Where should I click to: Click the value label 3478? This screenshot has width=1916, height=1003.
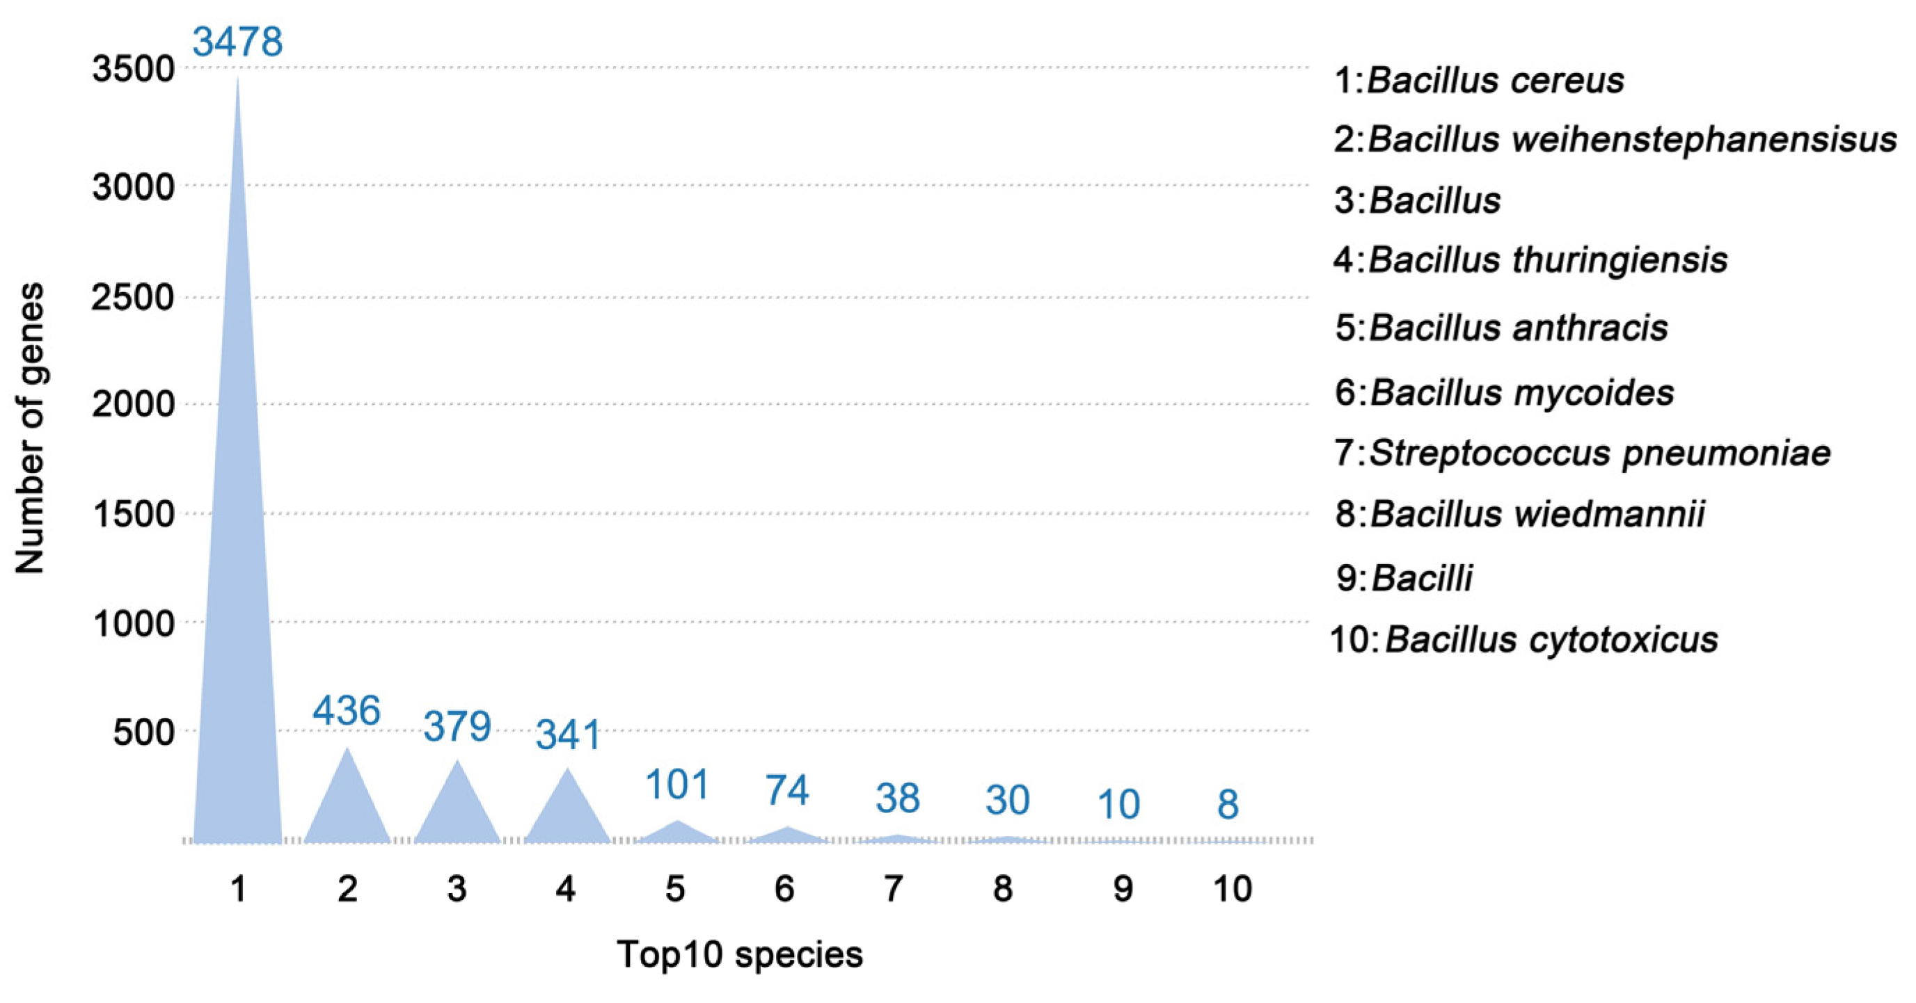237,41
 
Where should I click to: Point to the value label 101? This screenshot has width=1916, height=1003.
677,785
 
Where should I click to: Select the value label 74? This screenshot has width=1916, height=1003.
787,789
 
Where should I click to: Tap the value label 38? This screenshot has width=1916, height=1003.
898,798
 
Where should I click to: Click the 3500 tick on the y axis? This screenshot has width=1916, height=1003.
133,69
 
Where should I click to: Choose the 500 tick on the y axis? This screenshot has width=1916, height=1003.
143,732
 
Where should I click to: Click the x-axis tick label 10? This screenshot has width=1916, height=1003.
1232,888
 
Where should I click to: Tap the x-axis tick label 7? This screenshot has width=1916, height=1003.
894,888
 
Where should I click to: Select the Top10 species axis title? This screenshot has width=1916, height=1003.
739,954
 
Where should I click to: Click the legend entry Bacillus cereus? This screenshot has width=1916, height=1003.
1479,80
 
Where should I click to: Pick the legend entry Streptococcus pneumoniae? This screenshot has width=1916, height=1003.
1582,453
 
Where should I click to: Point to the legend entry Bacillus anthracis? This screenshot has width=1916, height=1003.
1501,328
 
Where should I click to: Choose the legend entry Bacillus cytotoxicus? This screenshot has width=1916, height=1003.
1523,639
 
